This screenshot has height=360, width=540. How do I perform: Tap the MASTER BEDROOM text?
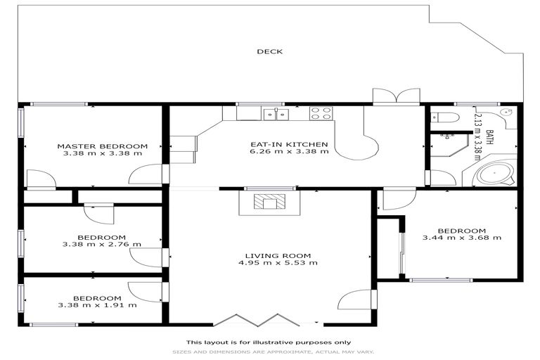pyautogui.click(x=103, y=145)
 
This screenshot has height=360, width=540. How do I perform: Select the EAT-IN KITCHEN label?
pyautogui.click(x=289, y=145)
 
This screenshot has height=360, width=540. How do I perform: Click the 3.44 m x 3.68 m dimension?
pyautogui.click(x=461, y=238)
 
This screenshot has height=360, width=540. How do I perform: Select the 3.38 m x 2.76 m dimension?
pyautogui.click(x=102, y=245)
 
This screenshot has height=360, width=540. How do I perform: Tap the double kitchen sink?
pyautogui.click(x=275, y=113)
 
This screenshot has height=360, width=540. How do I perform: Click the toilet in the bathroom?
pyautogui.click(x=446, y=116)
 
